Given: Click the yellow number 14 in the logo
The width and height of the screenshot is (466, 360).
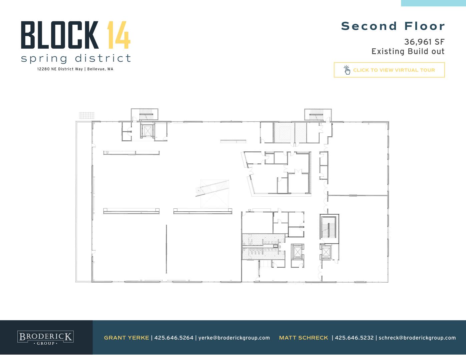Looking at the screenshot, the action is pyautogui.click(x=119, y=35).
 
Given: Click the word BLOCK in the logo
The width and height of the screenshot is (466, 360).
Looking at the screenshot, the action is pyautogui.click(x=60, y=35).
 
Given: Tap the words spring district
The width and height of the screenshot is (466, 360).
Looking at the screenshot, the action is pyautogui.click(x=76, y=59).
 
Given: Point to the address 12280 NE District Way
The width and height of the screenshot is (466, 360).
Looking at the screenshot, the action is pyautogui.click(x=60, y=69).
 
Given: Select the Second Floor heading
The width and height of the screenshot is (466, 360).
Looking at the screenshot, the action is pyautogui.click(x=393, y=26).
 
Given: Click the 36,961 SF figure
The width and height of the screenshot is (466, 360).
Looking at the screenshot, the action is pyautogui.click(x=424, y=42).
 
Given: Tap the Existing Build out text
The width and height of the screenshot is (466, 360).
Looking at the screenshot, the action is pyautogui.click(x=408, y=51).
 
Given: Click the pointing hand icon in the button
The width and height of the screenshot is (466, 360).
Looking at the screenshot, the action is pyautogui.click(x=347, y=70).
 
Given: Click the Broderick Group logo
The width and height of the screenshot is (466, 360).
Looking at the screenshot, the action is pyautogui.click(x=45, y=338).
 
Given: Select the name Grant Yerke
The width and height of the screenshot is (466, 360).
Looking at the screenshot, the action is pyautogui.click(x=126, y=338).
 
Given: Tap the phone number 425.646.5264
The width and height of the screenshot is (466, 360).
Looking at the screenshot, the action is pyautogui.click(x=174, y=338).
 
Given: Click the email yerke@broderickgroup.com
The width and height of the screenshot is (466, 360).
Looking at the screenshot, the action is pyautogui.click(x=234, y=338).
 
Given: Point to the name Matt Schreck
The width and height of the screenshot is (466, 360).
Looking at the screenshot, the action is pyautogui.click(x=304, y=338).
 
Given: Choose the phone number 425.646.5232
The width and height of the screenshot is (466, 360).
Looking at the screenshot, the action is pyautogui.click(x=354, y=338).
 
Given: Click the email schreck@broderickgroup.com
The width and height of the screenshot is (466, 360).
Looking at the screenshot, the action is pyautogui.click(x=417, y=338).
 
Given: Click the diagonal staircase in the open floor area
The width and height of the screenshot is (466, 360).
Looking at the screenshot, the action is pyautogui.click(x=212, y=188).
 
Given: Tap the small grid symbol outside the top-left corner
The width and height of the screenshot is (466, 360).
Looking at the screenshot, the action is pyautogui.click(x=87, y=115).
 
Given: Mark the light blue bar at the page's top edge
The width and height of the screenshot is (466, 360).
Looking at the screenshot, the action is pyautogui.click(x=433, y=3).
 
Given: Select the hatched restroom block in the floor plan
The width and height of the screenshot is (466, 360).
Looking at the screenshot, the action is pyautogui.click(x=263, y=247).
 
